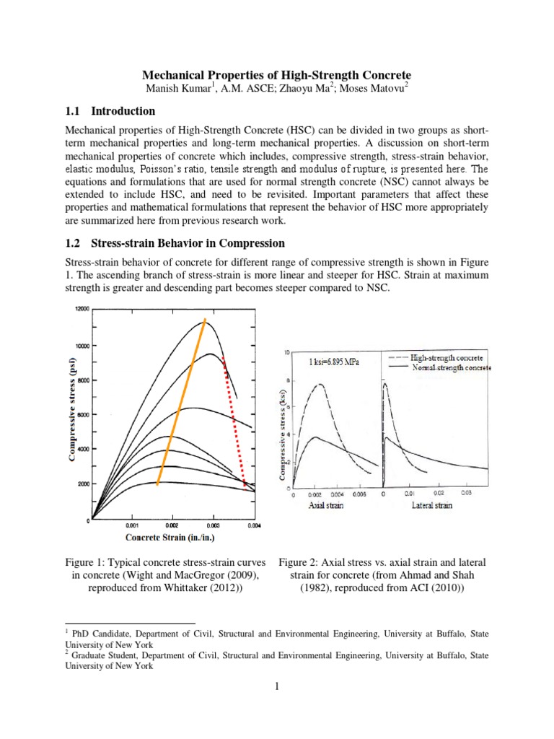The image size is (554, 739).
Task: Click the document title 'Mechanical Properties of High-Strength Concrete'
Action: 276,75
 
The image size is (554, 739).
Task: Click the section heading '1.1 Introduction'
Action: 110,111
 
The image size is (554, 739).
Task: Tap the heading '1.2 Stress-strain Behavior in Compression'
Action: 175,242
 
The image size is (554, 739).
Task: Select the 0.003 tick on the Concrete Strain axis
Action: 214,526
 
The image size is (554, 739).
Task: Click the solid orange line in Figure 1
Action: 181,401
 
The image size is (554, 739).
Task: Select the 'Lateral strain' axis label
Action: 432,505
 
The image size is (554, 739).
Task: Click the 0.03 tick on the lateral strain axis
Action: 466,494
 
